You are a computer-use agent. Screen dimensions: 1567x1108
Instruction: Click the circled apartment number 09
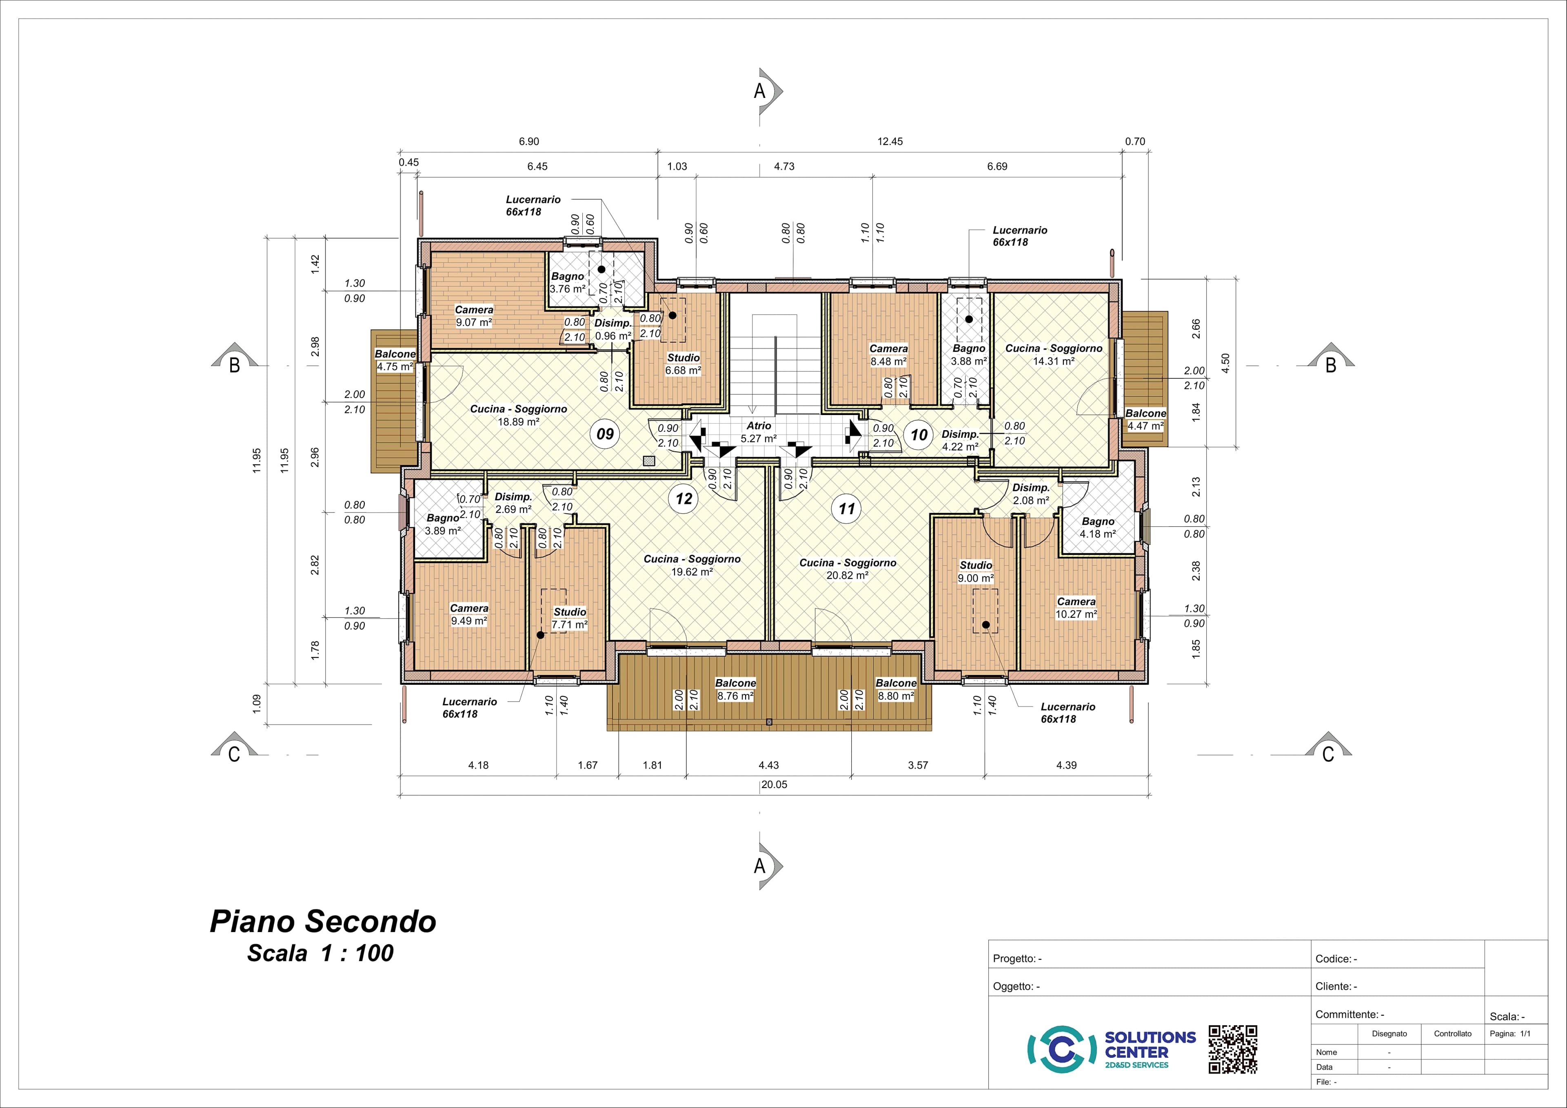pos(605,434)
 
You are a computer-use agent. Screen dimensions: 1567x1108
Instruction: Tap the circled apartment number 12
pos(684,499)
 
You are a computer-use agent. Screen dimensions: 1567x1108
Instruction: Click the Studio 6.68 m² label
pos(683,364)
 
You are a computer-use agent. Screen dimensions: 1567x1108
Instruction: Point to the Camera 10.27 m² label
pos(1076,608)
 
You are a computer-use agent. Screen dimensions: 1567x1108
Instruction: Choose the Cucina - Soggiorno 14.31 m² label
pos(1054,354)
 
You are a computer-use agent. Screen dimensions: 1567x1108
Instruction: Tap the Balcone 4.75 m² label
pos(395,360)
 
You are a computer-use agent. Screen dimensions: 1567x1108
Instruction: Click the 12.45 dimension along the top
pos(890,141)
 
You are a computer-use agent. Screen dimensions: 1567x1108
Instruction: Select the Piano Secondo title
pos(323,921)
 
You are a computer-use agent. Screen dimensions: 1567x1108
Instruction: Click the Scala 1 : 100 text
pos(320,953)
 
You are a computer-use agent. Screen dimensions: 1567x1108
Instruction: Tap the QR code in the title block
pos(1232,1048)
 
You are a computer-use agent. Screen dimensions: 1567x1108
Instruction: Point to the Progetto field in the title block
pos(1017,959)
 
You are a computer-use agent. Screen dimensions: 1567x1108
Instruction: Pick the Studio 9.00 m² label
pos(976,571)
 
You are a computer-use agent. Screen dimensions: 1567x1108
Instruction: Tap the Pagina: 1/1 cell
pos(1510,1034)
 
